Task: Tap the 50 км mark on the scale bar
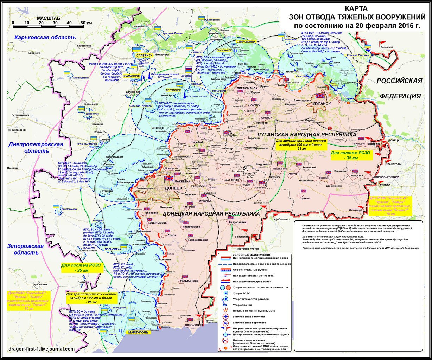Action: click(x=86, y=23)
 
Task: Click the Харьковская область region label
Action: click(x=45, y=38)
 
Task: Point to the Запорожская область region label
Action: click(x=25, y=249)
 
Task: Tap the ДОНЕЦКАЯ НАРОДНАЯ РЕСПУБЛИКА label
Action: click(x=211, y=213)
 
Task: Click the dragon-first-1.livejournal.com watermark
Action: click(x=42, y=349)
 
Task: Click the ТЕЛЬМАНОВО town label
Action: click(x=189, y=281)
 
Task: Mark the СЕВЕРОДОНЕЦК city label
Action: click(x=246, y=41)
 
